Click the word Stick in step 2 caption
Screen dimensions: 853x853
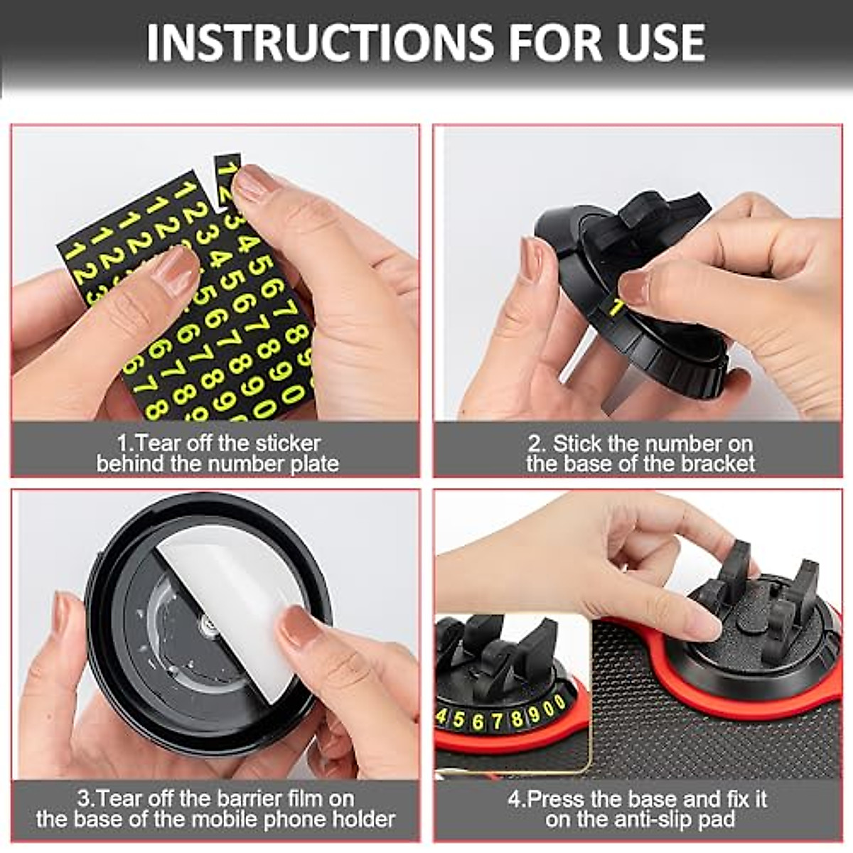pyautogui.click(x=576, y=444)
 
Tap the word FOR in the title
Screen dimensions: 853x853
pyautogui.click(x=552, y=42)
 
